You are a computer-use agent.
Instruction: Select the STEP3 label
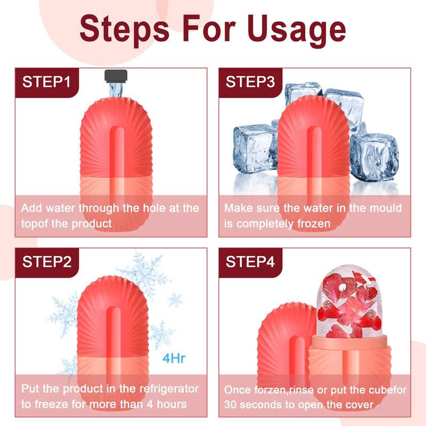click(250, 82)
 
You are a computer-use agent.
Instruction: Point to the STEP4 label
click(250, 262)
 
